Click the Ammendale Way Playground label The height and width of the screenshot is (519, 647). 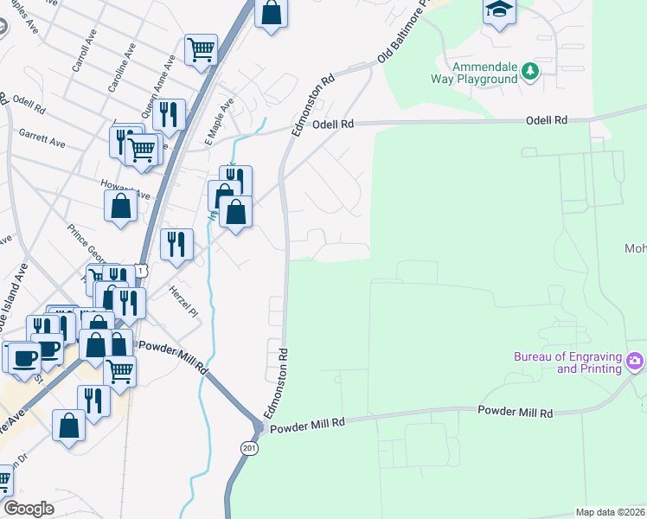tap(485, 73)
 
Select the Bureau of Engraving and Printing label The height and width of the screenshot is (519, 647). tap(567, 362)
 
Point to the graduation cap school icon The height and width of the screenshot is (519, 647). tap(500, 10)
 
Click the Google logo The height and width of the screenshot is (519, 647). tap(29, 509)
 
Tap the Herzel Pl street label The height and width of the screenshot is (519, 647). tap(183, 299)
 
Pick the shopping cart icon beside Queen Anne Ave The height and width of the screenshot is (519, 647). tap(201, 48)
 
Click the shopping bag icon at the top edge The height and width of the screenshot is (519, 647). tap(271, 13)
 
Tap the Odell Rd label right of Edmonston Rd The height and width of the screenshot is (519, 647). tap(334, 125)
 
